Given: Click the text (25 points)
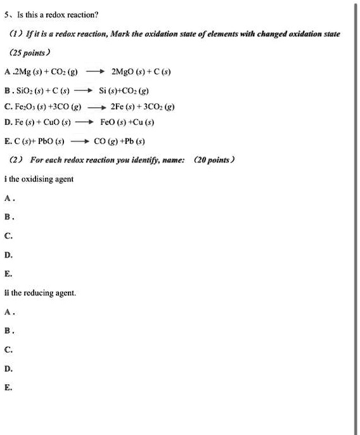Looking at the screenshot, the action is (32, 52).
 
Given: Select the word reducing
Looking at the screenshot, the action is (42, 293).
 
